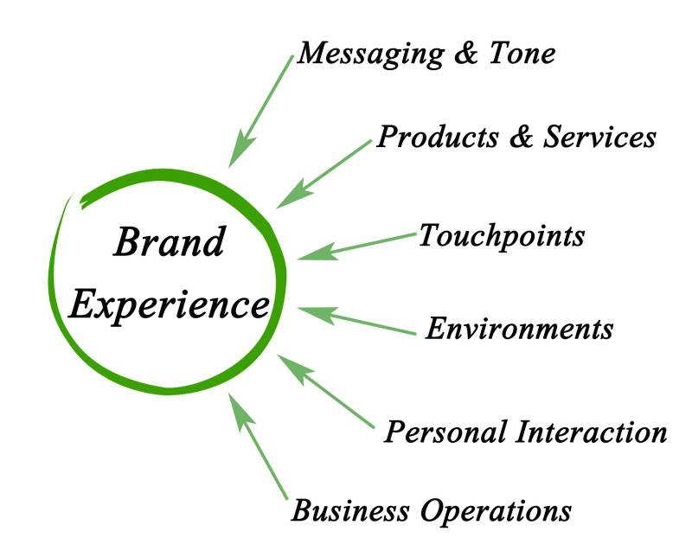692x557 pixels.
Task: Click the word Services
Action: (x=599, y=137)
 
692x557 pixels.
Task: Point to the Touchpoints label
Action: (x=502, y=235)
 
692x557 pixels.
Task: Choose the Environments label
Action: (x=520, y=329)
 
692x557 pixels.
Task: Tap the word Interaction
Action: (x=588, y=431)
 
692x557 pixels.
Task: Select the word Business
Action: (x=346, y=510)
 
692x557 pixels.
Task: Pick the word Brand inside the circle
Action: (x=170, y=243)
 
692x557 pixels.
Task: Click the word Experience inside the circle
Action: (x=170, y=304)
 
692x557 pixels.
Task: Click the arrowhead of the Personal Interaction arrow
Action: (x=288, y=365)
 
